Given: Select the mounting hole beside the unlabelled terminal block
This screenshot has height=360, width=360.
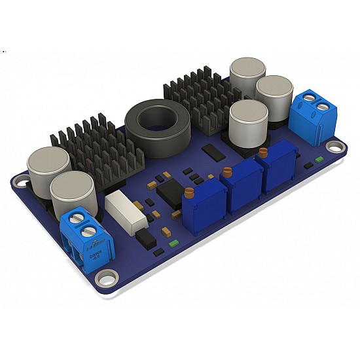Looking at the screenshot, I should (335, 149).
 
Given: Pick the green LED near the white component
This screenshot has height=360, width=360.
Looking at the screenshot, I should (173, 243).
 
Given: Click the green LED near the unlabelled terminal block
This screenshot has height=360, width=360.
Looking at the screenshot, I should (319, 159).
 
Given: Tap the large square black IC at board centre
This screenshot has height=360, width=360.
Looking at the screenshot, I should (170, 193).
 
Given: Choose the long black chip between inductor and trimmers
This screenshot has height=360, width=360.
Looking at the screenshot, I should (213, 153).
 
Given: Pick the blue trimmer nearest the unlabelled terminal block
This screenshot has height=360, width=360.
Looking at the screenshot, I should (280, 171).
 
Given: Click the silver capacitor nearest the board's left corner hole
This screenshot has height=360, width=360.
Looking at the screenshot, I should (48, 170).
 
